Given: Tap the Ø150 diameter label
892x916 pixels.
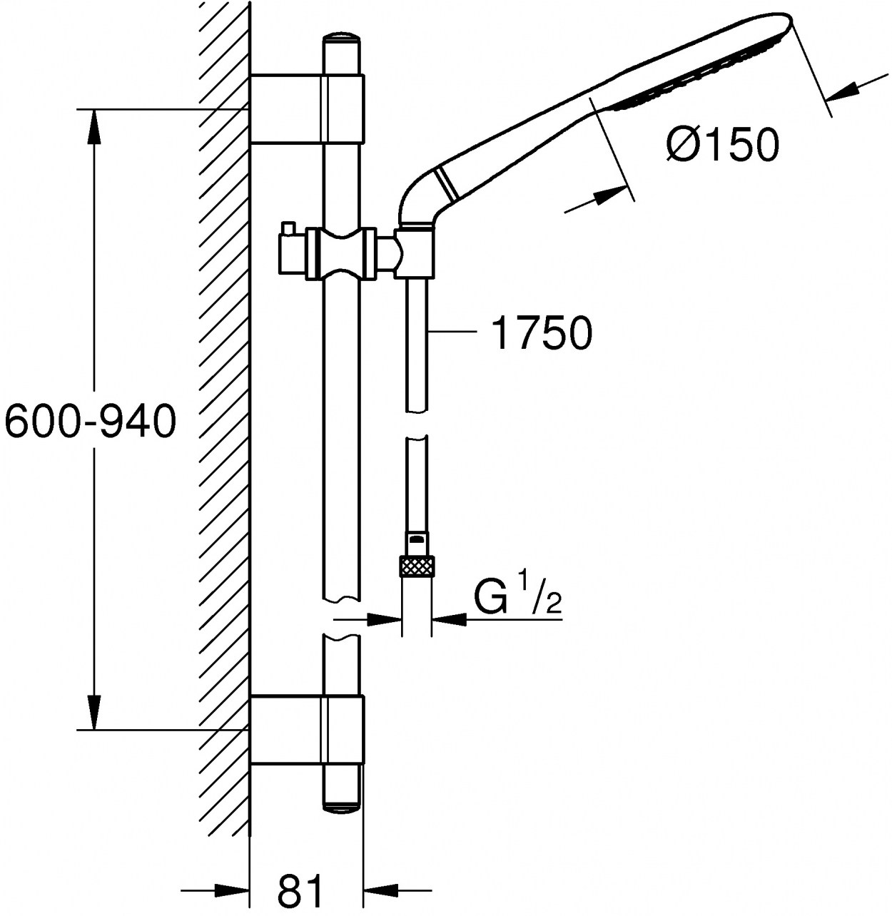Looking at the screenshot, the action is pyautogui.click(x=723, y=144).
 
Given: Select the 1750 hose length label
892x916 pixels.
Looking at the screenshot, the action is pyautogui.click(x=541, y=332).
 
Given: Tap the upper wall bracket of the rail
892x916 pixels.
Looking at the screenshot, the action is pyautogui.click(x=307, y=108).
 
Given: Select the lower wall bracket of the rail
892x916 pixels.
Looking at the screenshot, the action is pyautogui.click(x=307, y=730).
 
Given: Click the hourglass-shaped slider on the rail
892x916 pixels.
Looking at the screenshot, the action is pyautogui.click(x=341, y=254).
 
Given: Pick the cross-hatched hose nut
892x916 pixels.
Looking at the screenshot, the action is pyautogui.click(x=417, y=566).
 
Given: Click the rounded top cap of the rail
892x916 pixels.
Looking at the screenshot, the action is pyautogui.click(x=342, y=39).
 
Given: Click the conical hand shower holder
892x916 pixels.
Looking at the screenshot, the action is pyautogui.click(x=414, y=254).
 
